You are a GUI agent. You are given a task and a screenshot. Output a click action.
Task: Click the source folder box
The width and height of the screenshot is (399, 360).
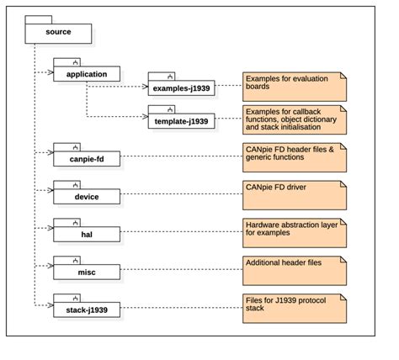click(58, 33)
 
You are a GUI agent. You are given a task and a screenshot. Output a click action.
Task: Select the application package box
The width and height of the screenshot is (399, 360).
click(87, 74)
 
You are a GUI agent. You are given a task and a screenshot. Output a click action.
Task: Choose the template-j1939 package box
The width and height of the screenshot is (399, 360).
click(182, 121)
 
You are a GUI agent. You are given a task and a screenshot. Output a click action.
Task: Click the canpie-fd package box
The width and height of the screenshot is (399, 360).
click(87, 156)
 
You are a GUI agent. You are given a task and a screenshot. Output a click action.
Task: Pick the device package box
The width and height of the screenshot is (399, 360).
click(87, 197)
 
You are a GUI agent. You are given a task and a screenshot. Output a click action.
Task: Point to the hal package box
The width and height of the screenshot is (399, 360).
click(87, 236)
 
